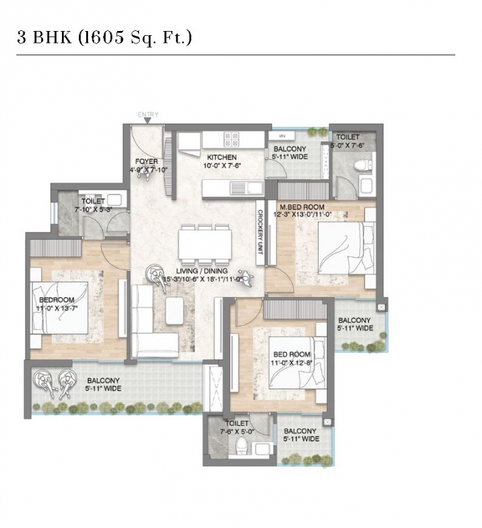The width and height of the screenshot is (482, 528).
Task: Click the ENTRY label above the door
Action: click(148, 114)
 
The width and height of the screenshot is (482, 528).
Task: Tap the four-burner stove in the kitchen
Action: click(231, 139)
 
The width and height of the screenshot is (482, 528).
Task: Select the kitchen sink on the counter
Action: click(247, 188)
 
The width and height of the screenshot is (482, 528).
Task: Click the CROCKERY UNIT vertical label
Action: click(260, 232)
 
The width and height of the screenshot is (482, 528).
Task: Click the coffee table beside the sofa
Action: click(175, 310)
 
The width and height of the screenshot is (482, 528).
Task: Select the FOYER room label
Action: click(146, 161)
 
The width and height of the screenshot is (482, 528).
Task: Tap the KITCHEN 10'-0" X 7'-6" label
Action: click(222, 161)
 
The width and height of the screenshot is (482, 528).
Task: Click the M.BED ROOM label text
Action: click(302, 207)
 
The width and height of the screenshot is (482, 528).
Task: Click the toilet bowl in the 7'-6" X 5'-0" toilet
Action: click(242, 445)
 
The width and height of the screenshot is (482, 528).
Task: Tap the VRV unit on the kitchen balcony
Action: click(282, 136)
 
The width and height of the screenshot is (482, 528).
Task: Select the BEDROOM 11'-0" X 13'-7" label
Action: click(57, 304)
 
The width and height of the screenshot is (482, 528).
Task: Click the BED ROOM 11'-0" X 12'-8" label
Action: click(292, 358)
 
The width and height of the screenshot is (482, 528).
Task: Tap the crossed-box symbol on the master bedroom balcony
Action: click(381, 307)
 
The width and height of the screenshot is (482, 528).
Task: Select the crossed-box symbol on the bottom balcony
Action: click(327, 422)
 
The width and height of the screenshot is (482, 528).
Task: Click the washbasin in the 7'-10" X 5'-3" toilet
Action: click(114, 199)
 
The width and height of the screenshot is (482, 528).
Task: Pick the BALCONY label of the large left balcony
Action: click(103, 380)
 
